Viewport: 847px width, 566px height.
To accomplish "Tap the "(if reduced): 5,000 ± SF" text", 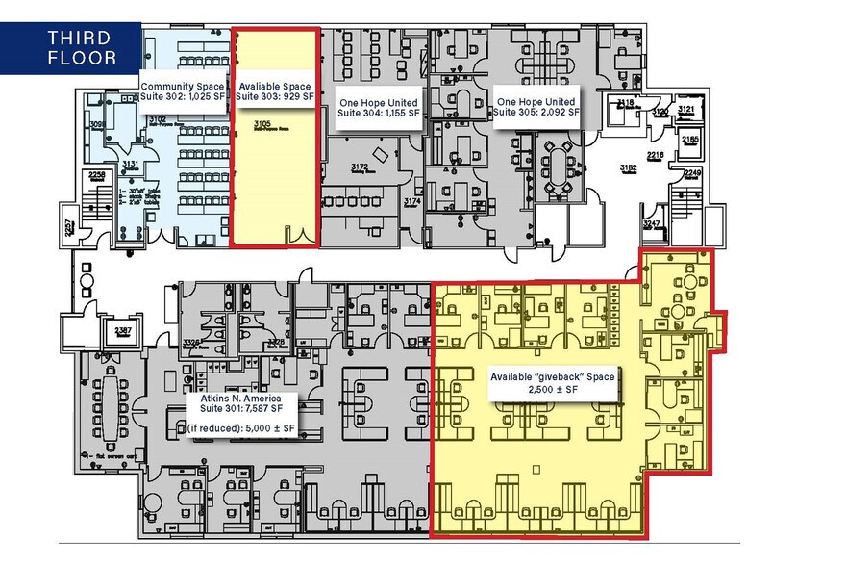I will tap(241, 426).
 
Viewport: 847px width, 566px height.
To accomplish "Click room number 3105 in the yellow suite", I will tap(261, 124).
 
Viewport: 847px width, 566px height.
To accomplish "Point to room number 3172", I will tap(360, 167).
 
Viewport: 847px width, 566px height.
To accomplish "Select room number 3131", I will tap(131, 165).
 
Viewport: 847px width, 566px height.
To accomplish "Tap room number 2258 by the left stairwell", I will tap(96, 174).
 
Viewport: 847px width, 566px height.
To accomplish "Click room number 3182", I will tap(629, 168).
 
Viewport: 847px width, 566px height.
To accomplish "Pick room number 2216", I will tap(655, 154).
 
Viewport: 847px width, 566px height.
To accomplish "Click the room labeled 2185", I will tap(690, 141).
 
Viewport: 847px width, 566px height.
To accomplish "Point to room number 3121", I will tap(685, 111).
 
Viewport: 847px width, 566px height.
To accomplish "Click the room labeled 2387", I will tap(123, 330).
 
